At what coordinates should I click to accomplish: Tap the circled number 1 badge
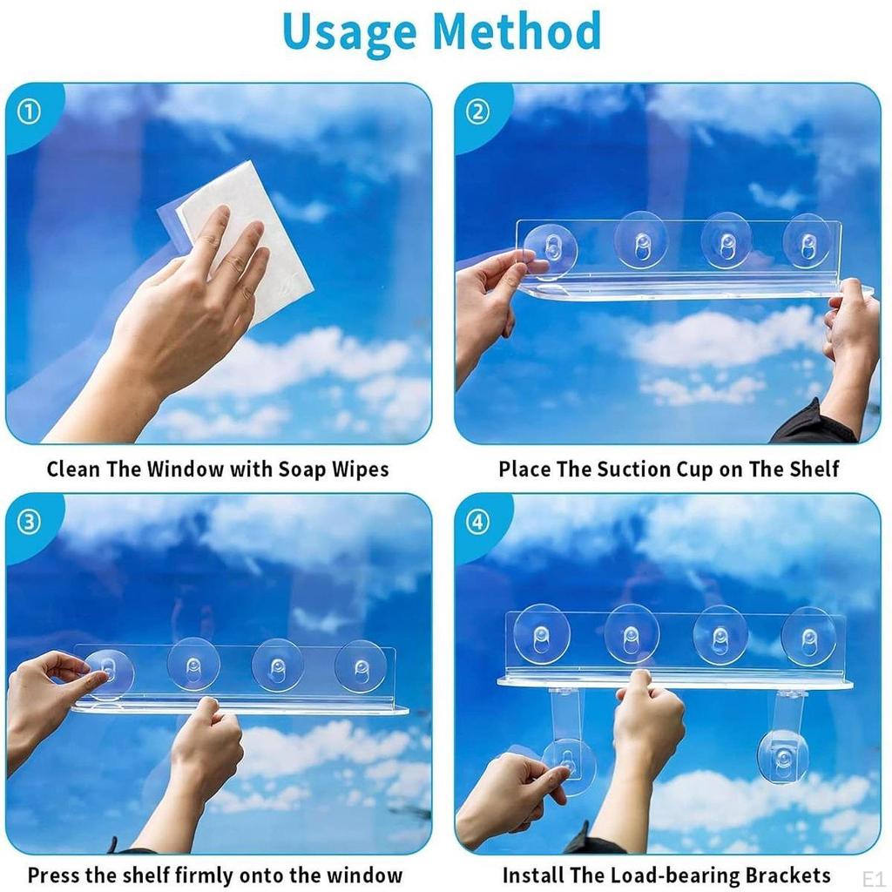pyautogui.click(x=29, y=112)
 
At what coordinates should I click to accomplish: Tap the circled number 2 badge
pyautogui.click(x=477, y=112)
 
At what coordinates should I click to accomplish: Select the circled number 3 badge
pyautogui.click(x=29, y=522)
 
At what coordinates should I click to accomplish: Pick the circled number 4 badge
pyautogui.click(x=477, y=522)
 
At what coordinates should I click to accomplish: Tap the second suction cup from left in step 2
pyautogui.click(x=642, y=240)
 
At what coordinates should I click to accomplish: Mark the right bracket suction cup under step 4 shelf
pyautogui.click(x=783, y=755)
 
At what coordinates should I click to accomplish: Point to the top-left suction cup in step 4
pyautogui.click(x=542, y=634)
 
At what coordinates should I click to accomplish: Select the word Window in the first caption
pyautogui.click(x=186, y=470)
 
